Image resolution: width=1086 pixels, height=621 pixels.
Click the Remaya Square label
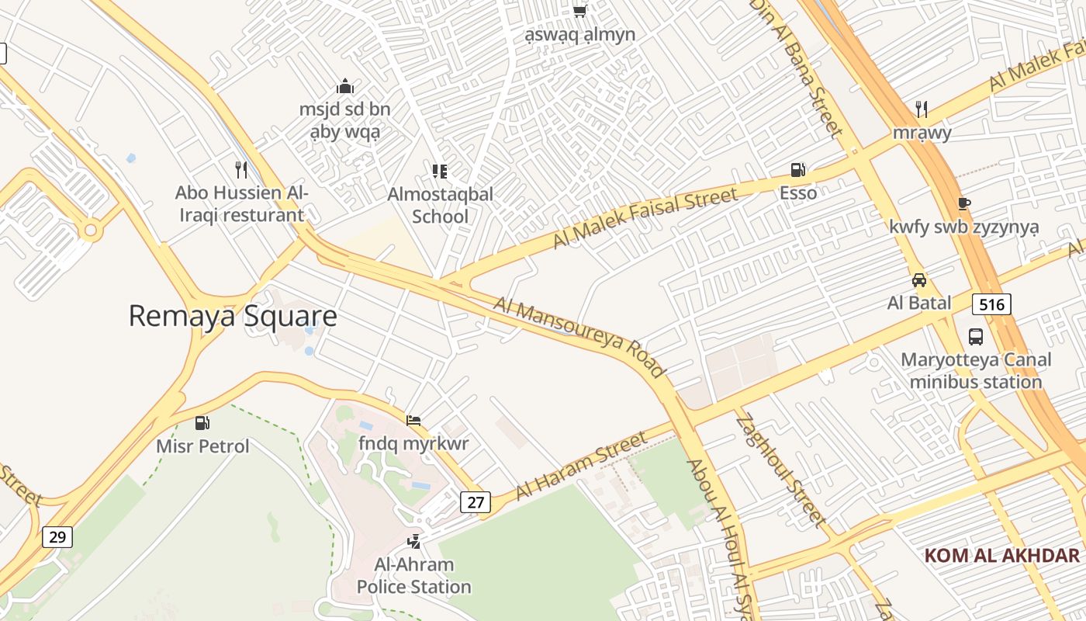[x=233, y=316]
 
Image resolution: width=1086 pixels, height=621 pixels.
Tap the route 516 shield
[x=992, y=304]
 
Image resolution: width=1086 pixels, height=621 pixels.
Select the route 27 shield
[x=476, y=502]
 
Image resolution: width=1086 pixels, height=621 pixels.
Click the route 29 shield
[x=57, y=536]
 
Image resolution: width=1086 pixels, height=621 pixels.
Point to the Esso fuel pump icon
[x=797, y=170]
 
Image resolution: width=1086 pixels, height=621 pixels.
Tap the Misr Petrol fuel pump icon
[x=202, y=423]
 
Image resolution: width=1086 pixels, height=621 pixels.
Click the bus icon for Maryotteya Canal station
[x=976, y=337]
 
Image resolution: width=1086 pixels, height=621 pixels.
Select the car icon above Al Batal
[x=919, y=279]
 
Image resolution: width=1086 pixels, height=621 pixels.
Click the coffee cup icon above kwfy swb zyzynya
[x=963, y=203]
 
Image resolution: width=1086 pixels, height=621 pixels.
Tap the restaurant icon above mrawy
[x=921, y=109]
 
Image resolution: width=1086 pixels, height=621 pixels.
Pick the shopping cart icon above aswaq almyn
[x=579, y=11]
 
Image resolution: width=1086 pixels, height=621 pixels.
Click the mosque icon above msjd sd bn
[x=345, y=86]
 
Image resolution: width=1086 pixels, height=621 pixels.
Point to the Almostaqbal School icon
[x=440, y=171]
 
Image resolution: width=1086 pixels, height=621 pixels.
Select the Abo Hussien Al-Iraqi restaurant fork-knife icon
[x=241, y=168]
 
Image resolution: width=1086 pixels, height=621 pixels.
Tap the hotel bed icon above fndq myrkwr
[x=413, y=421]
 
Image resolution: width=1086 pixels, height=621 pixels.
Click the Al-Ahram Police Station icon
[x=414, y=541]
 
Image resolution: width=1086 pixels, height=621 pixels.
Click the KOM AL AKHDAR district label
[x=1002, y=555]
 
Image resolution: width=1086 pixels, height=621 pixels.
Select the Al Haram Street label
[x=582, y=466]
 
